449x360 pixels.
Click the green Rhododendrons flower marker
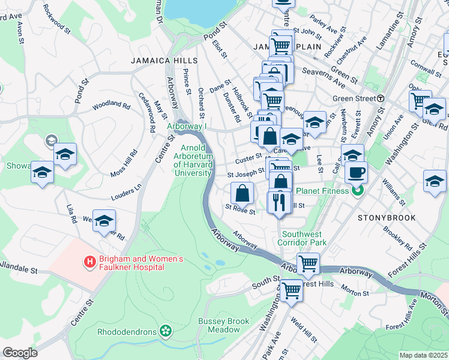166,331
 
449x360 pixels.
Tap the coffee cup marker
356,173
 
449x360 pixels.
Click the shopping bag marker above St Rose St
242,193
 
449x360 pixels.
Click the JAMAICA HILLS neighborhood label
164,61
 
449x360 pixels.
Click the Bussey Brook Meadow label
223,326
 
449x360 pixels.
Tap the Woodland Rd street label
111,106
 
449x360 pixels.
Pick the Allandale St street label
18,266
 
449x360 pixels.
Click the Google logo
20,353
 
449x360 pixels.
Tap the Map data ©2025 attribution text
423,355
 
